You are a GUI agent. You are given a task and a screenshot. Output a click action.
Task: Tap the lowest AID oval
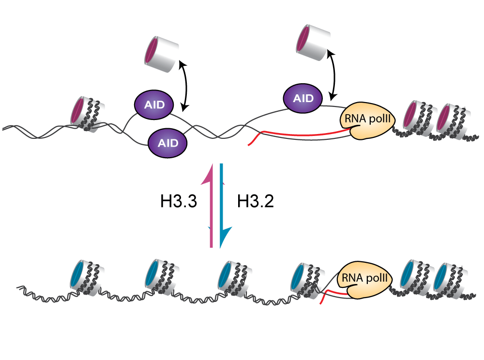(167, 142)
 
